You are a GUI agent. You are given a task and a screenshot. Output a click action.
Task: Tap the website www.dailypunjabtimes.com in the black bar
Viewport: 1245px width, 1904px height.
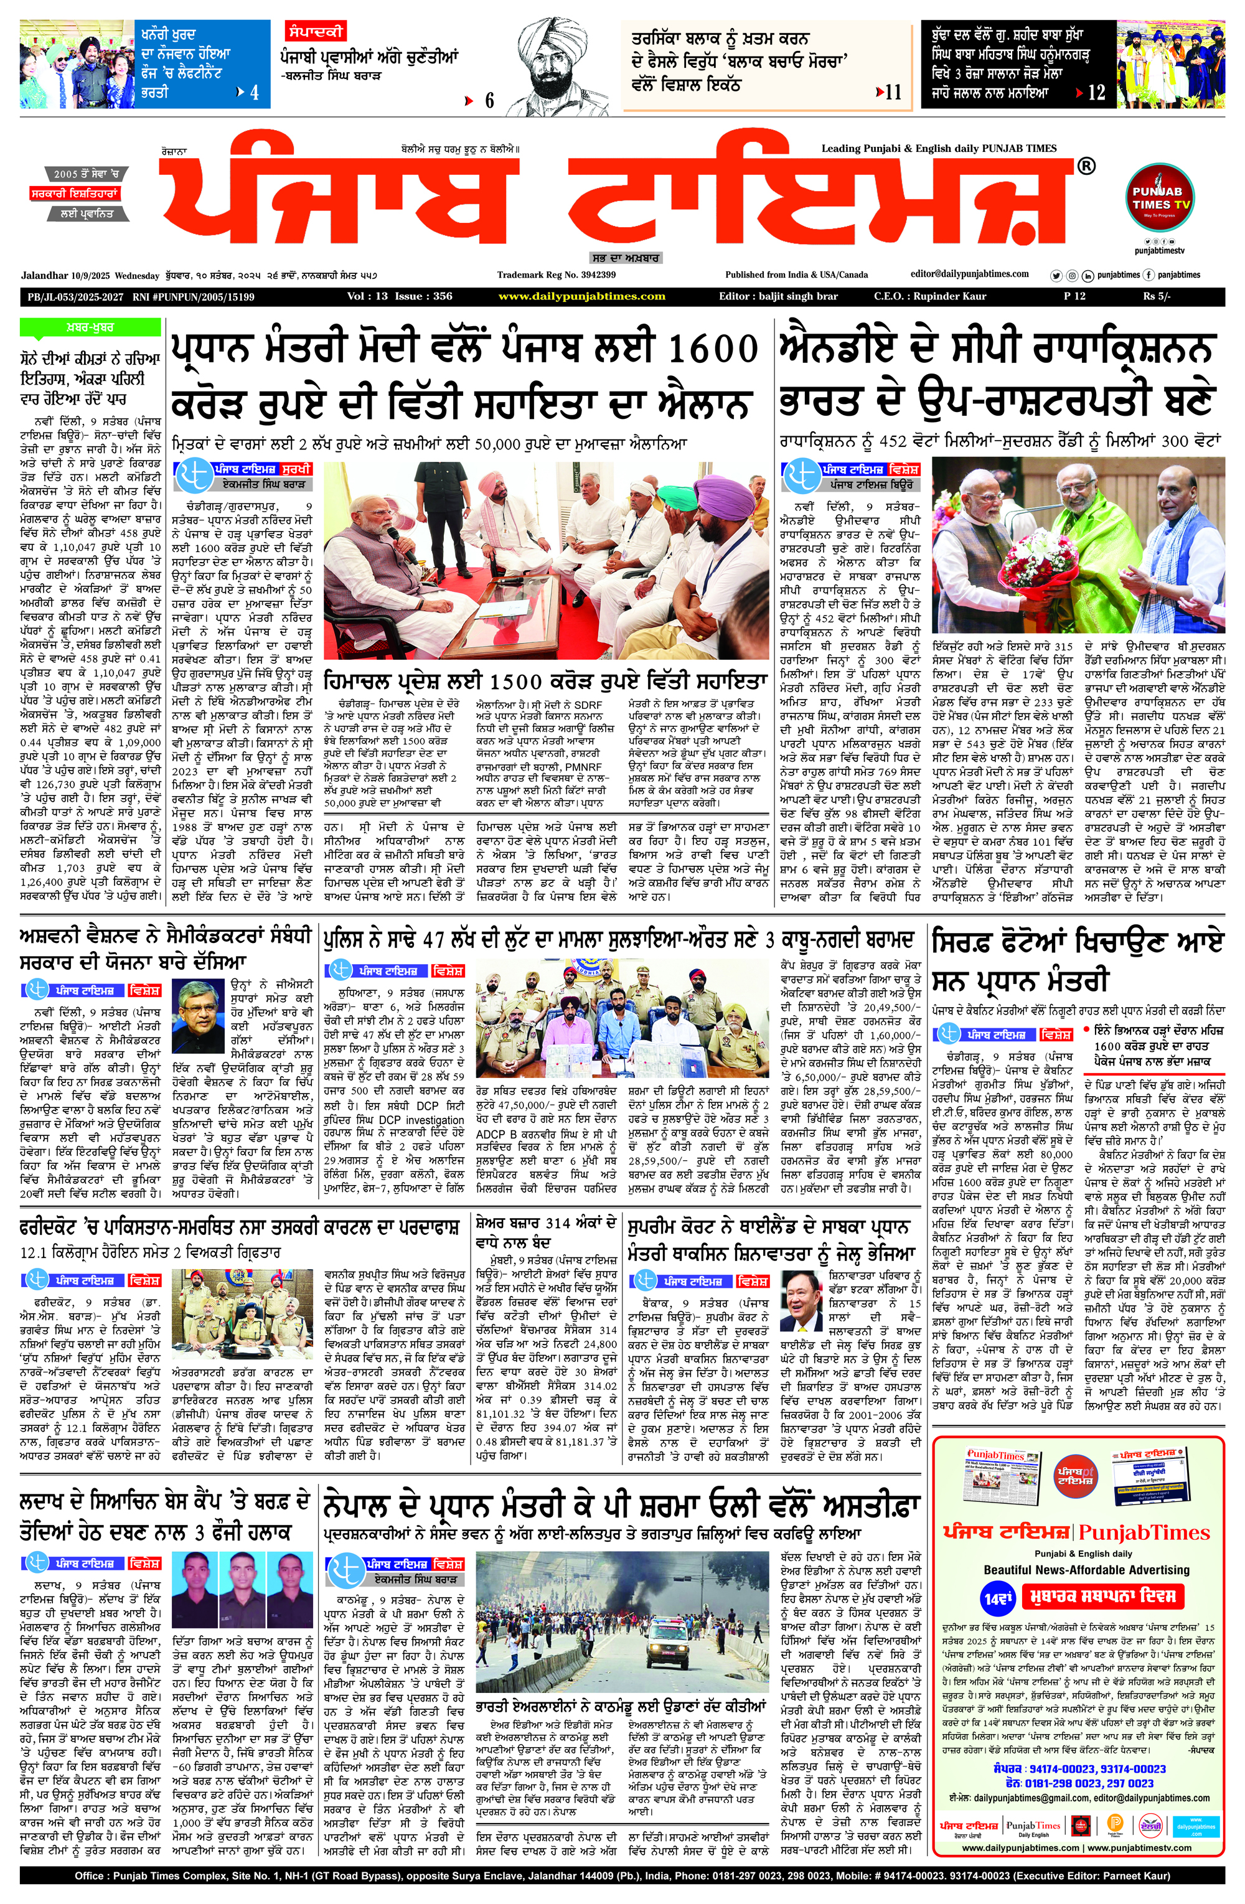581,296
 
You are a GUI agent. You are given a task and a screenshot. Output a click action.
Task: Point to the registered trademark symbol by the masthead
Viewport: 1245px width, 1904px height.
1086,166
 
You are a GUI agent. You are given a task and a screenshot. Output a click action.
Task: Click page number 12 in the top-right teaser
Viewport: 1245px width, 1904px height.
1096,93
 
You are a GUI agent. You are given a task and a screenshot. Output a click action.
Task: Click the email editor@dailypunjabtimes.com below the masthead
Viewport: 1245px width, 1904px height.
970,274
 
